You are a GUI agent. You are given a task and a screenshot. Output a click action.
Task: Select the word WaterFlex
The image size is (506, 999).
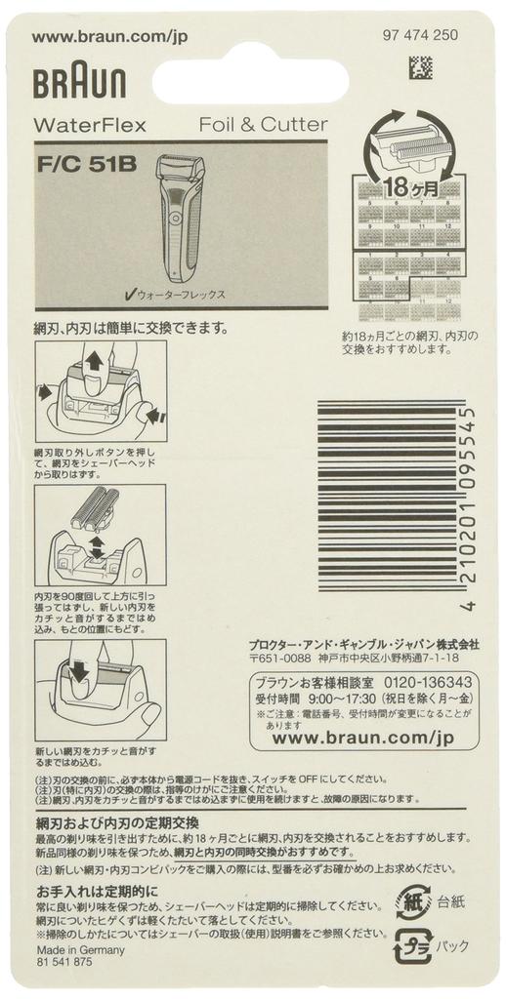coord(90,125)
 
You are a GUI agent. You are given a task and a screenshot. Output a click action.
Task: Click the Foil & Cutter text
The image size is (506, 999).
coord(263,125)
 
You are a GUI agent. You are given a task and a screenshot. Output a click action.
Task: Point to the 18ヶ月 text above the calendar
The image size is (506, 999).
coord(409,185)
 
